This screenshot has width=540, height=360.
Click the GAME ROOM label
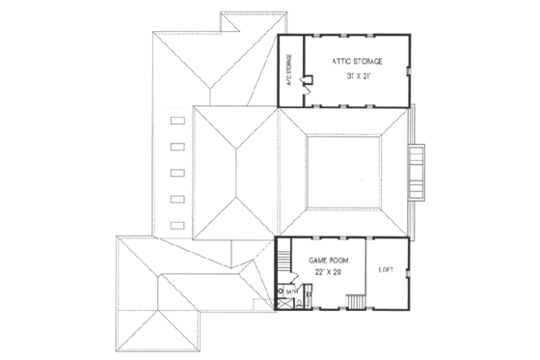(329, 261)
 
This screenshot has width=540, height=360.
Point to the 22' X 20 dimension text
(329, 273)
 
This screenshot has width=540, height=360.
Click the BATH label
(290, 289)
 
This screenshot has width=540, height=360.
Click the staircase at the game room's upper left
(286, 260)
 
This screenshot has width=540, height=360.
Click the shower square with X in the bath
(283, 303)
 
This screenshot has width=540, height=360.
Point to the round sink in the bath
(282, 290)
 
